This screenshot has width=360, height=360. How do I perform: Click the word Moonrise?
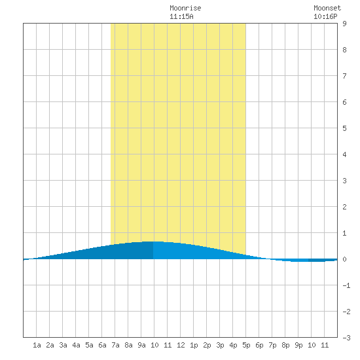pos(185,8)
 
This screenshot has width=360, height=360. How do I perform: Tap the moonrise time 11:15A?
pos(181,16)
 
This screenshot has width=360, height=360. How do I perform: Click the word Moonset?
pos(327,8)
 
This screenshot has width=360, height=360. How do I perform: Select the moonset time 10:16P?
pos(325,16)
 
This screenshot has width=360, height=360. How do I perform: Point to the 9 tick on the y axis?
pos(344,24)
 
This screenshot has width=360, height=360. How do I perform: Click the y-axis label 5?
pos(344,128)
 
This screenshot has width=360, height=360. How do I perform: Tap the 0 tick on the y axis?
pos(344,259)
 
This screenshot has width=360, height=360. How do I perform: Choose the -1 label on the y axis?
pos(346,285)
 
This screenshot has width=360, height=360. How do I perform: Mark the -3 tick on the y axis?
pos(346,338)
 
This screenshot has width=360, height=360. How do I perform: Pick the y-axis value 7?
pos(344,76)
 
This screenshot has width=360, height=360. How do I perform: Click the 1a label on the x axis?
pos(37,345)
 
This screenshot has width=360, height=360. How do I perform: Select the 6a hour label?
pos(102,345)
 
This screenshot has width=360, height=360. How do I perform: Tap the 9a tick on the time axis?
pos(141,345)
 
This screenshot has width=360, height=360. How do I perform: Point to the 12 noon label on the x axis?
pos(181,345)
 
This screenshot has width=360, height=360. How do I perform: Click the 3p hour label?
pos(220,345)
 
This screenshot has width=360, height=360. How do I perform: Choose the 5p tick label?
pos(246,345)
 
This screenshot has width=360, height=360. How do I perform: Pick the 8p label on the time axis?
pos(285,345)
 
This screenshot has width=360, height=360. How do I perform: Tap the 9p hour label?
pos(298,345)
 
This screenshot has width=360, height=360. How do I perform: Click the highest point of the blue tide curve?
pos(153,242)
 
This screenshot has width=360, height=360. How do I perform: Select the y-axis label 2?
pos(344,207)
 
